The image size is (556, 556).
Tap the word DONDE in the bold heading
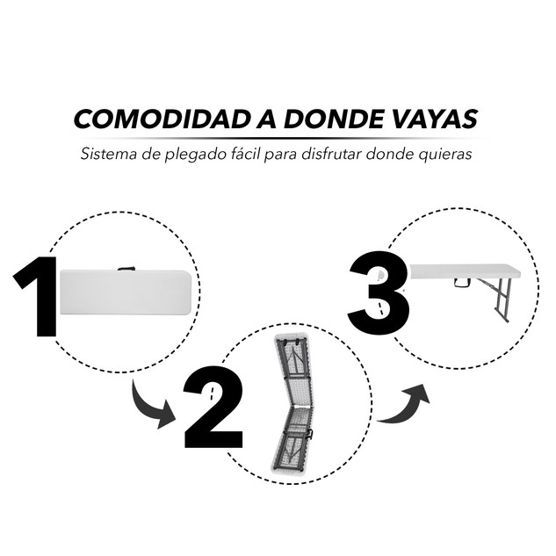(x=332, y=119)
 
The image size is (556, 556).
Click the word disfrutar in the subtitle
(x=331, y=154)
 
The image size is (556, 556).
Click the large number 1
(x=35, y=296)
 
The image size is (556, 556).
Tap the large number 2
(x=213, y=407)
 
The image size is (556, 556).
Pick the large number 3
(x=378, y=292)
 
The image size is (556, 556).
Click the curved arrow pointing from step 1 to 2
(x=153, y=408)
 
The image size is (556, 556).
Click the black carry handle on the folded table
(x=126, y=269)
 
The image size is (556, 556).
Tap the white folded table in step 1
(x=126, y=292)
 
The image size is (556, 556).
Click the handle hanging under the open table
(x=462, y=282)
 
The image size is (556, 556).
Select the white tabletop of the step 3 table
(x=465, y=271)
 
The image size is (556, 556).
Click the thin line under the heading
(x=279, y=138)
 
